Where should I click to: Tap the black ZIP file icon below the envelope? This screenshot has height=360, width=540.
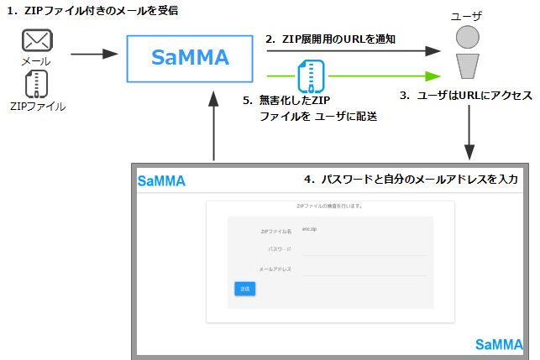[x=36, y=84]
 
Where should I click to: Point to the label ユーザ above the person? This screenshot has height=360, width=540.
[x=468, y=16]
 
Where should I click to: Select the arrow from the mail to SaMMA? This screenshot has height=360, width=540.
[x=93, y=54]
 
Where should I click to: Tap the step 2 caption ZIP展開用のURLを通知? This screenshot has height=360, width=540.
[x=330, y=39]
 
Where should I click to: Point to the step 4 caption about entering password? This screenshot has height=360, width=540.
[x=411, y=179]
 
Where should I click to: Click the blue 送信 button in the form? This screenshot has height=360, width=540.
[x=245, y=289]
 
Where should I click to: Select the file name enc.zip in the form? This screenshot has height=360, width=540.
[x=309, y=229]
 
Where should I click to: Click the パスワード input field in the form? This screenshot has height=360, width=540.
[x=363, y=250]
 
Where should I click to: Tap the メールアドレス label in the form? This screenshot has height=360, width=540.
[x=275, y=269]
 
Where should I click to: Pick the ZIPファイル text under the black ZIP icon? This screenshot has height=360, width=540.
[x=36, y=107]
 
